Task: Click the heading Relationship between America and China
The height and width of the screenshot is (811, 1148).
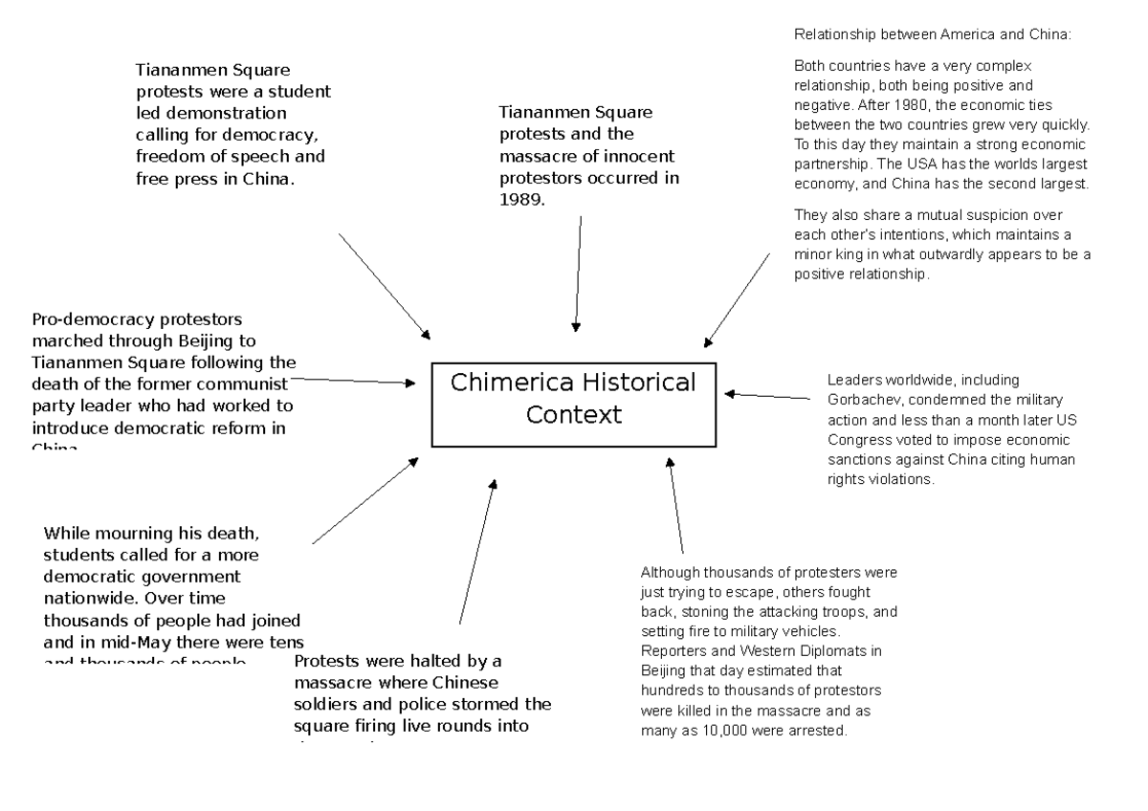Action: click(934, 34)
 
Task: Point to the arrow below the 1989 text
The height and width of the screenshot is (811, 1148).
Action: click(579, 273)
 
